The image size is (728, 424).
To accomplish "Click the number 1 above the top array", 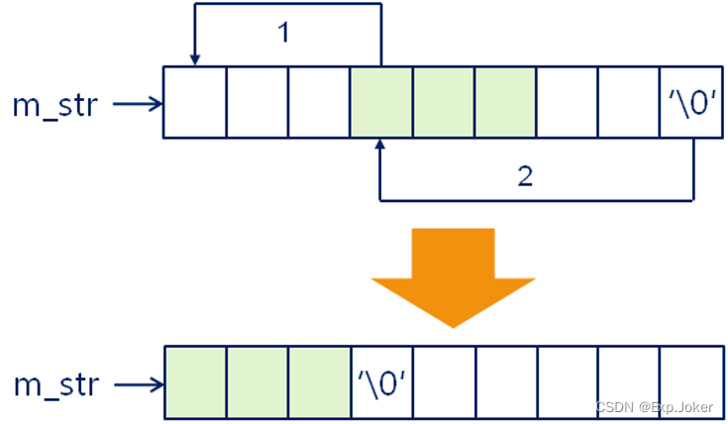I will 283,33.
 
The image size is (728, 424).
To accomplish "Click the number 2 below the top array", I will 525,176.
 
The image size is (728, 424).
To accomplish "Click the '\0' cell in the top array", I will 691,102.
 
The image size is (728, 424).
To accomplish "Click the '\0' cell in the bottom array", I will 381,381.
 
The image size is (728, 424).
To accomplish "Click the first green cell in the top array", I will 381,102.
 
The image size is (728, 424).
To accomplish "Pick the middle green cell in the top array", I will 443,102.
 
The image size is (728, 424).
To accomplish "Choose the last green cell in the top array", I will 505,102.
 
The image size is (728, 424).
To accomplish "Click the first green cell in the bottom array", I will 195,381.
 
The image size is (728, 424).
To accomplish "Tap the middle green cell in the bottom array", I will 257,381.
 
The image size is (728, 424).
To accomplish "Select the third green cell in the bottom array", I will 319,381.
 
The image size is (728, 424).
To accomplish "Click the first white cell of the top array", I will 195,102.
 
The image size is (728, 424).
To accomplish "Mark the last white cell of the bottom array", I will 691,381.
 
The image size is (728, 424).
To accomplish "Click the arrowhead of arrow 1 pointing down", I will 195,58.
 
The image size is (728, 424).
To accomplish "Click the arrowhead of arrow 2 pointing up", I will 380,147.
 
